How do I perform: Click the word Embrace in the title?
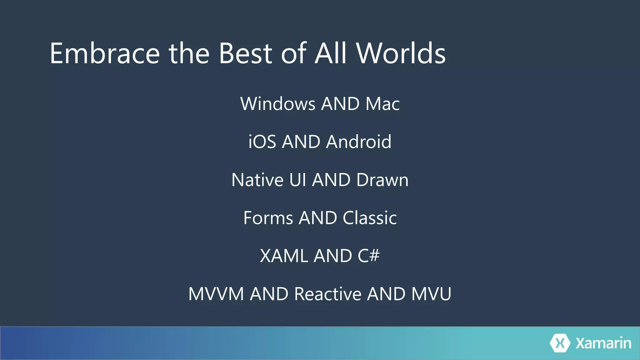(x=105, y=54)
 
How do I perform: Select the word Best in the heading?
(x=245, y=54)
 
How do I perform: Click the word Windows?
(x=278, y=104)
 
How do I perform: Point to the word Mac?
(x=382, y=104)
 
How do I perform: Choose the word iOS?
(x=262, y=142)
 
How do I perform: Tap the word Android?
(x=358, y=142)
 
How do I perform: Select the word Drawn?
(x=382, y=180)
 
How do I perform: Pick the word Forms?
(x=268, y=218)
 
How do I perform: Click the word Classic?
(x=370, y=218)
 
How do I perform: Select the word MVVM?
(x=216, y=294)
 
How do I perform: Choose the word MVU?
(x=431, y=294)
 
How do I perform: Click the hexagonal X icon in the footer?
(x=560, y=343)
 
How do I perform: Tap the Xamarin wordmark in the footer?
(x=603, y=343)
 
